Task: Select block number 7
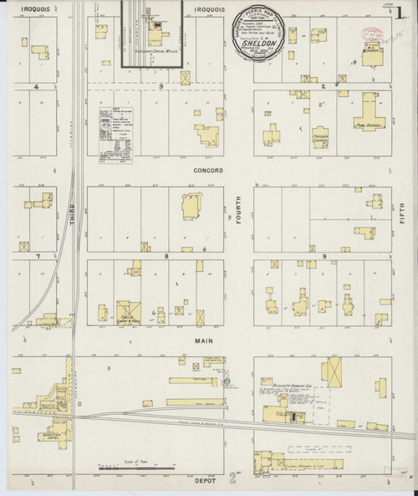pos(37,254)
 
